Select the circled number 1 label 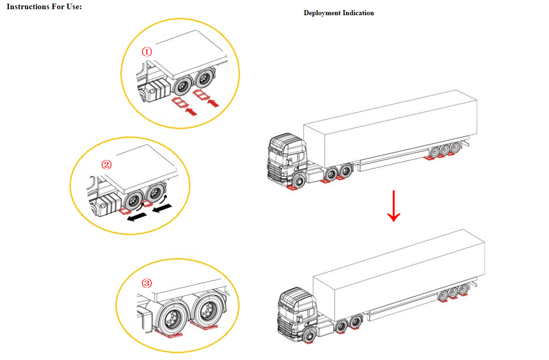point(147,52)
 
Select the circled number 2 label point(106,165)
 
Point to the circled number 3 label point(147,283)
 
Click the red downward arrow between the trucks point(394,206)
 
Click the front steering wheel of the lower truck point(309,336)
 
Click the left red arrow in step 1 point(191,112)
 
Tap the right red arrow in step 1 point(213,103)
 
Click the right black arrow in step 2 point(162,209)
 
